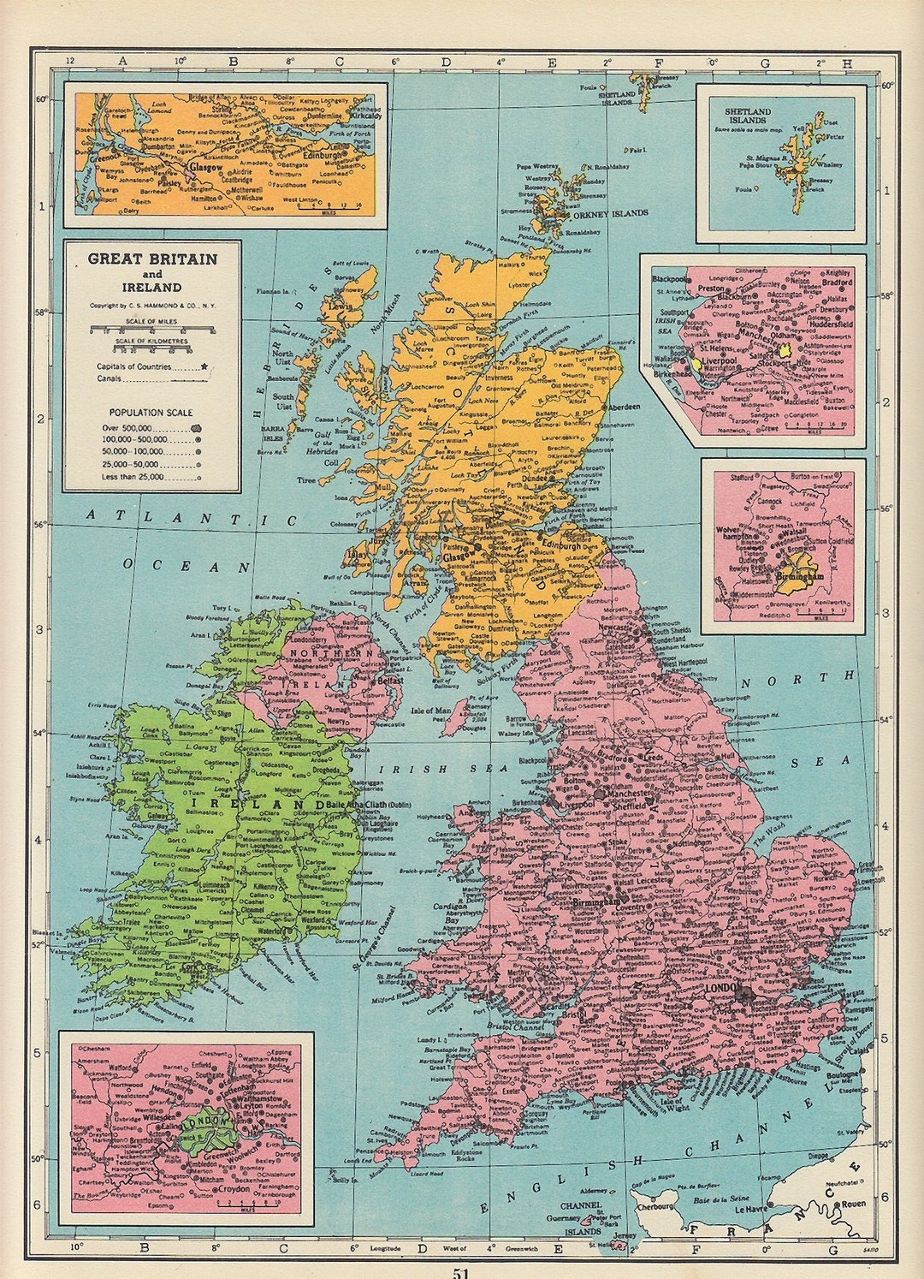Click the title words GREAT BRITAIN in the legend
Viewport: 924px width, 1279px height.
click(152, 259)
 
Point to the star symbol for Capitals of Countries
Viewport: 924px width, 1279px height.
click(204, 366)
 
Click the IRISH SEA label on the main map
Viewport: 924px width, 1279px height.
click(431, 770)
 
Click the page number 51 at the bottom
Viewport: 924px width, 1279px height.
click(461, 1271)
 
